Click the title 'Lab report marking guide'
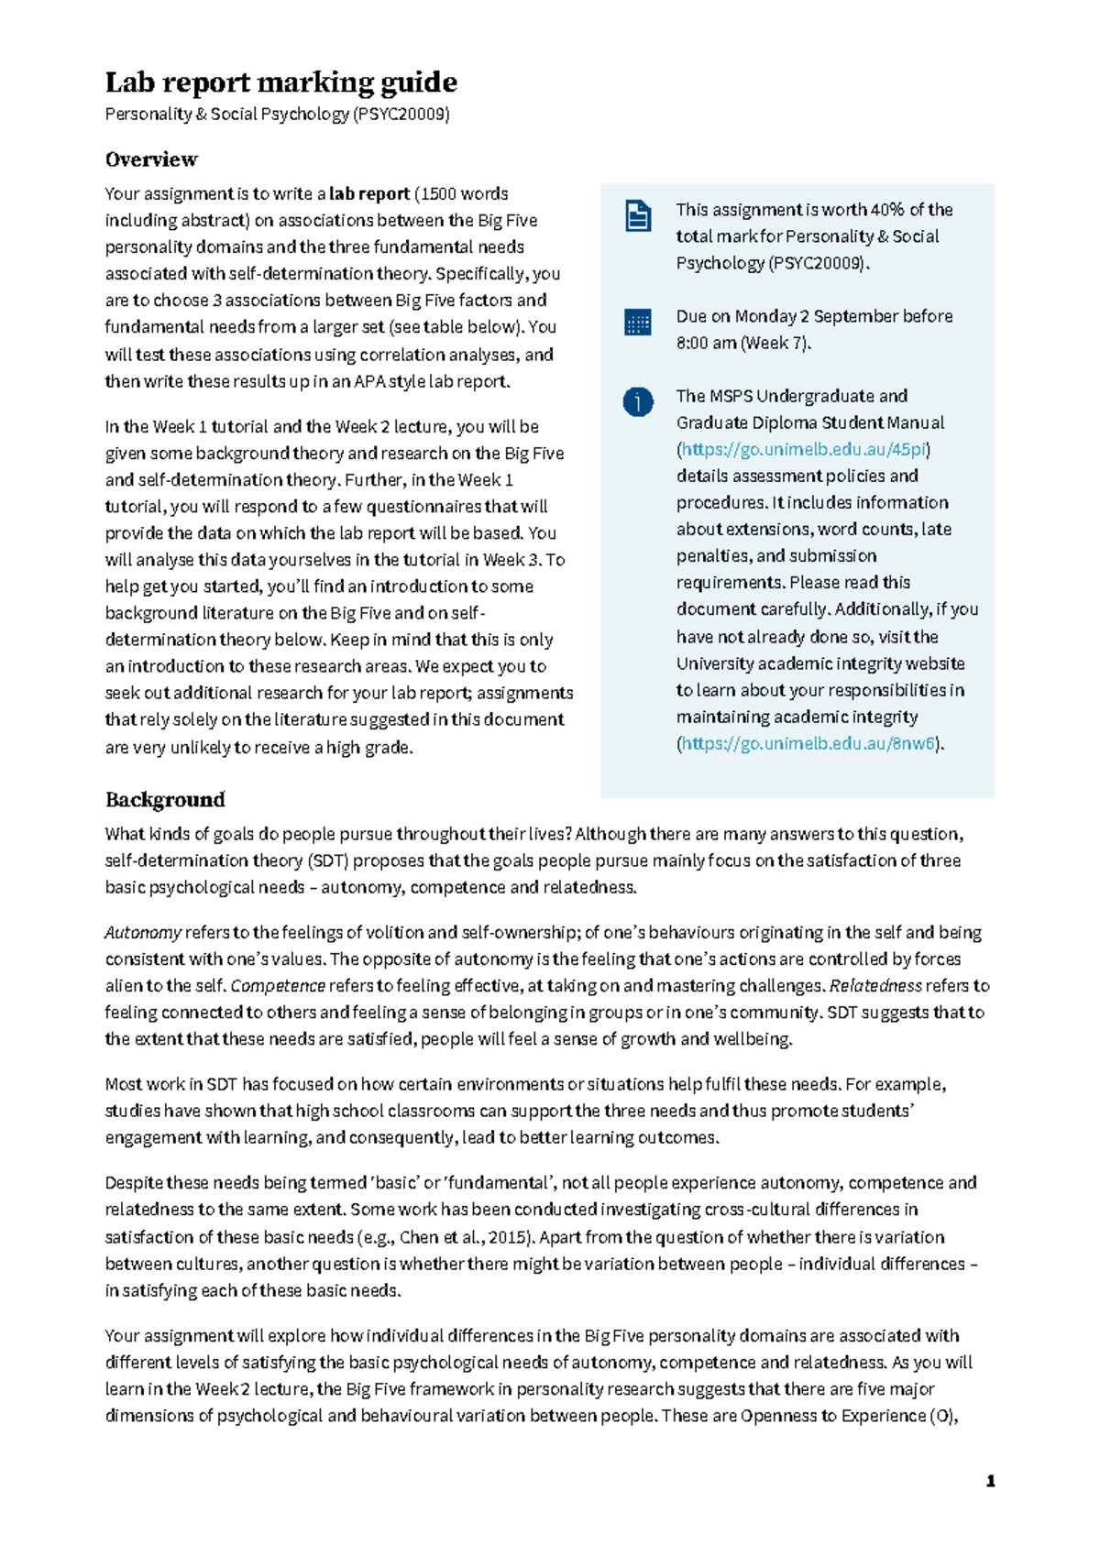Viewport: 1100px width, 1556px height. pos(280,82)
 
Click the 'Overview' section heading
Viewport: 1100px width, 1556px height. pos(151,159)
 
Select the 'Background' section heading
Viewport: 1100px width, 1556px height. pos(165,800)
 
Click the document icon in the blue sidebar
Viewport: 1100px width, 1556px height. pos(638,216)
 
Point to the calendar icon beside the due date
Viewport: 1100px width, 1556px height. pos(638,323)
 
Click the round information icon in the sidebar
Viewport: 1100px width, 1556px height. pos(638,402)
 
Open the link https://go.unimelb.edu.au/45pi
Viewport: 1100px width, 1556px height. pos(804,450)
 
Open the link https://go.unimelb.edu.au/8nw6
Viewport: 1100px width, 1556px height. pos(808,744)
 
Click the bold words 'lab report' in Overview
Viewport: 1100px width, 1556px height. pos(369,194)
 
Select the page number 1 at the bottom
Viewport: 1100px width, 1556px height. pos(990,1481)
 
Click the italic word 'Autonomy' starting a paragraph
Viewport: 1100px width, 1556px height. pos(142,933)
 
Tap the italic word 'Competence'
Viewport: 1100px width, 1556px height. pos(278,986)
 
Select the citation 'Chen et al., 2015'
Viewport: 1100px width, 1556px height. pos(465,1237)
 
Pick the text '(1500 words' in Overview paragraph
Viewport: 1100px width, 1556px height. pos(461,194)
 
